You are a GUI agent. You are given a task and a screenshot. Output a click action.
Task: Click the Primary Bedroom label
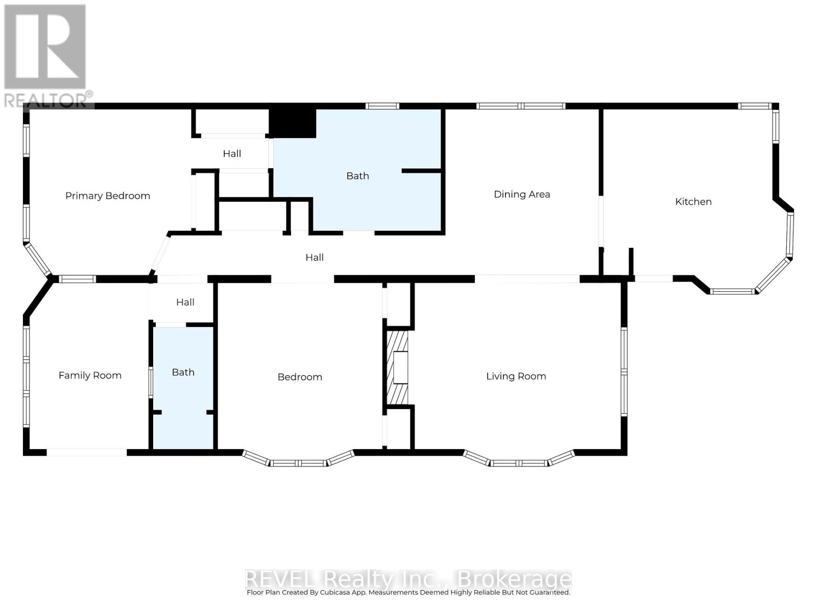click(108, 196)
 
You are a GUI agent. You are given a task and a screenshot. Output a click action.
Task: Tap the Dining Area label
click(521, 194)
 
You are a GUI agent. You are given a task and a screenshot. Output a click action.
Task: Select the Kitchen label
click(693, 202)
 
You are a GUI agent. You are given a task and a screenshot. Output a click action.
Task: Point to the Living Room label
click(516, 376)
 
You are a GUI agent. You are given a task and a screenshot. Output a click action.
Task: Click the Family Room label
click(90, 375)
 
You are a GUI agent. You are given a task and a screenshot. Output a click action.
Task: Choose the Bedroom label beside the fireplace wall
click(300, 377)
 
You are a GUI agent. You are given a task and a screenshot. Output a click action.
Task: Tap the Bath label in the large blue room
click(357, 176)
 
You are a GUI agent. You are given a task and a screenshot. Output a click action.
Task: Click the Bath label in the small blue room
click(183, 372)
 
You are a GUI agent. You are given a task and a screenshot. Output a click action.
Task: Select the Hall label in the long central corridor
click(315, 257)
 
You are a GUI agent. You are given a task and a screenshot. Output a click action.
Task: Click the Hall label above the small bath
click(185, 302)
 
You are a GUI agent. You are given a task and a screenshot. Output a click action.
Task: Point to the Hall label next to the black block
click(232, 153)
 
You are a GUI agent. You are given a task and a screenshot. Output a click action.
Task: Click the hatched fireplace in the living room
click(397, 367)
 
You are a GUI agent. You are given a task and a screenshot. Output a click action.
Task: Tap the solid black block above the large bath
click(293, 123)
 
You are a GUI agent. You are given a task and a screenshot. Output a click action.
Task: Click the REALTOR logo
click(45, 56)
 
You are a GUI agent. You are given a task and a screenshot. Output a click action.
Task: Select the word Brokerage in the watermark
click(514, 579)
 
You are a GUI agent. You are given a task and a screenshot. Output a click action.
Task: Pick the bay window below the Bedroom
click(298, 459)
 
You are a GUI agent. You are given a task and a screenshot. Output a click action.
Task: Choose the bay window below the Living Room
click(519, 459)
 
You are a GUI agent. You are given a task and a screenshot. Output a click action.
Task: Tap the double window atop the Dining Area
click(521, 106)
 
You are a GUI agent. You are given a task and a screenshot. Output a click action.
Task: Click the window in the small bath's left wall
click(151, 383)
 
